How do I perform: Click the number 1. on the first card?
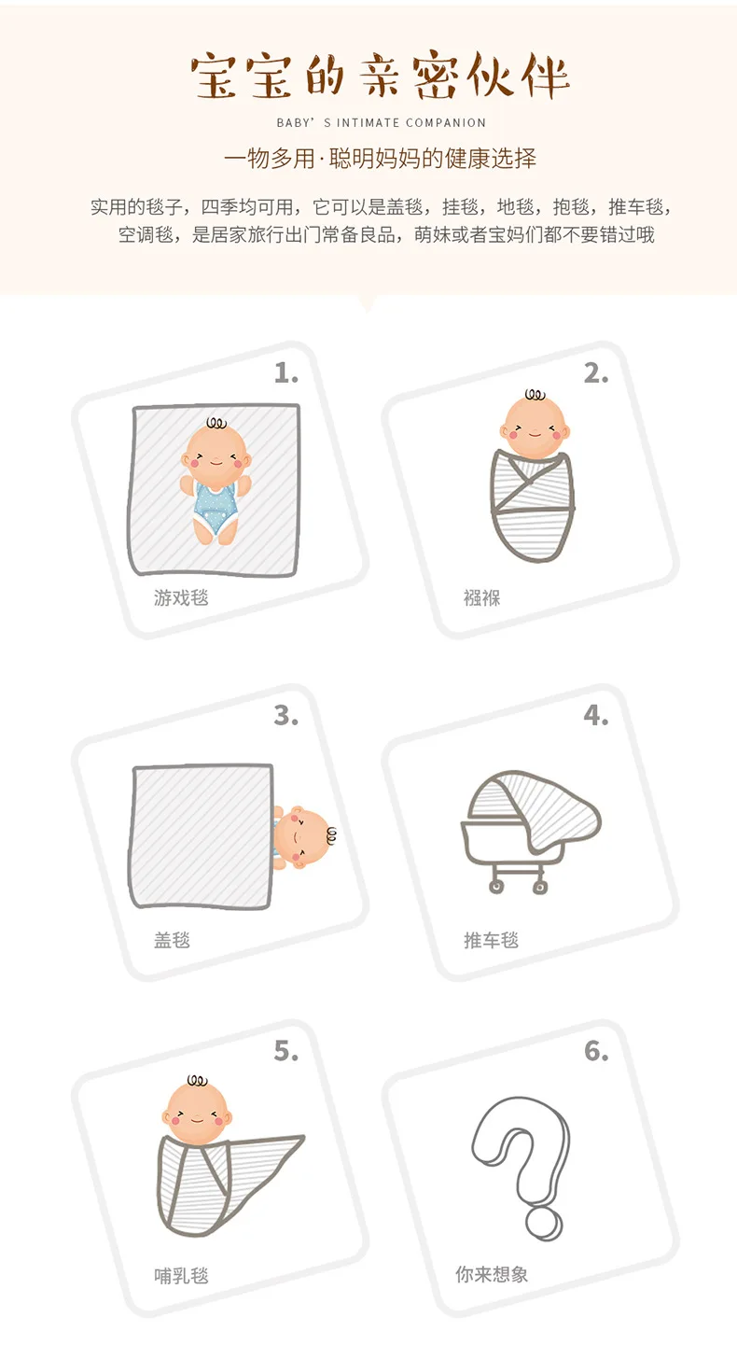coord(285,373)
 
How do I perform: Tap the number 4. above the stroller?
coord(595,716)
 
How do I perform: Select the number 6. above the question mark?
coord(595,1051)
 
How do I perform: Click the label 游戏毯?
coord(181,597)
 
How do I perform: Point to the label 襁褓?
coord(481,597)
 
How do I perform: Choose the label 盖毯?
coord(172,940)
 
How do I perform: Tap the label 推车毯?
coord(491,940)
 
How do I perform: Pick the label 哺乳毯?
coord(181,1275)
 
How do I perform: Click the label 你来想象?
coord(492,1274)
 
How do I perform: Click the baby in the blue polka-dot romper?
coord(216,481)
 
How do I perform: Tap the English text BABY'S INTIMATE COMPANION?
coord(381,122)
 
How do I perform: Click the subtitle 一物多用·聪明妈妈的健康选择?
coord(381,158)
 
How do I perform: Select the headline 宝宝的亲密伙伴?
coord(381,77)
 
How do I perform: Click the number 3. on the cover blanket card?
coord(285,716)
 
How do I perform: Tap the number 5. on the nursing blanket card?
coord(285,1051)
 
